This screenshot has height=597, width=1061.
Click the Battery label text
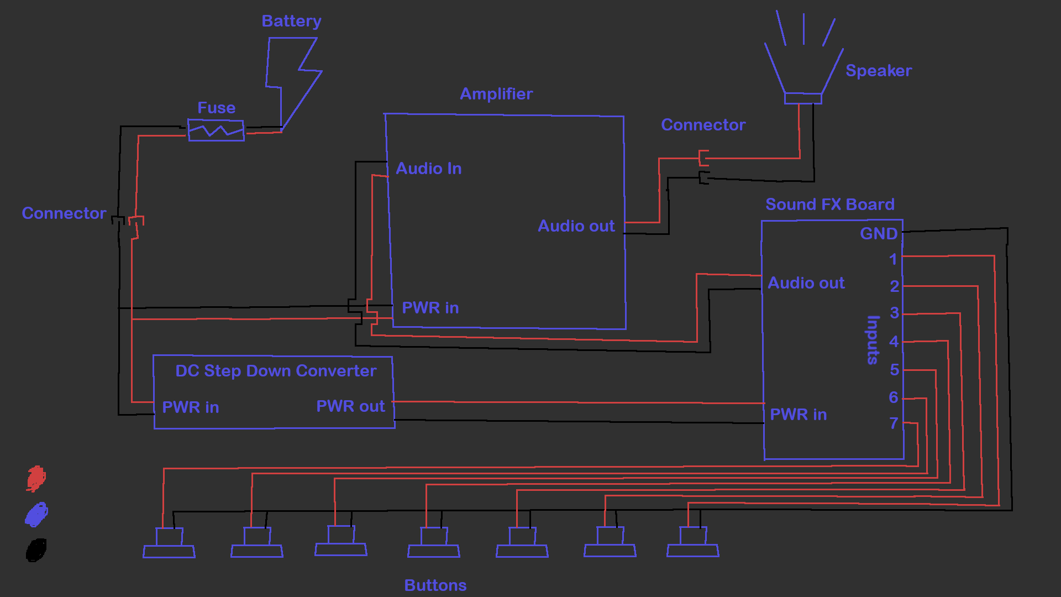tap(291, 21)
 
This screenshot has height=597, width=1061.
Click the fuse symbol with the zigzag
tap(216, 130)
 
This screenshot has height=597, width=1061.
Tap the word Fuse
tap(216, 108)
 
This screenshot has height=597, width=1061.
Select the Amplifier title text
tap(496, 94)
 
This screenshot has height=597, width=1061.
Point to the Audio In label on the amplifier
tap(429, 169)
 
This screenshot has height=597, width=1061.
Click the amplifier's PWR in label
tap(430, 308)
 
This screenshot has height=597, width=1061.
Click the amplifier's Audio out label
tap(576, 226)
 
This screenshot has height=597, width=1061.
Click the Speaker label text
tap(878, 71)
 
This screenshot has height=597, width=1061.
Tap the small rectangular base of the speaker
tap(803, 98)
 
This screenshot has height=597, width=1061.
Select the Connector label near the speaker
tap(703, 125)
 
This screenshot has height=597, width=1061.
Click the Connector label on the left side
tap(64, 213)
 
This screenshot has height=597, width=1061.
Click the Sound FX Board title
tap(829, 205)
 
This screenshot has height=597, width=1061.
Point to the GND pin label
tap(879, 234)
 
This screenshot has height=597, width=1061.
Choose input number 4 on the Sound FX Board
tap(894, 342)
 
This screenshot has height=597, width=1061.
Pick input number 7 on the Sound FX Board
tap(894, 423)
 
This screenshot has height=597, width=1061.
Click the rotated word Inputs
tap(873, 340)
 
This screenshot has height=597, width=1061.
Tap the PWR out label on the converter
tap(350, 406)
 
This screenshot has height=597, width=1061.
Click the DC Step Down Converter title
tap(276, 371)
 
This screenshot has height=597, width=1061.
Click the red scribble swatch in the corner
tap(36, 478)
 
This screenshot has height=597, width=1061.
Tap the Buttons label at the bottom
tap(435, 585)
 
